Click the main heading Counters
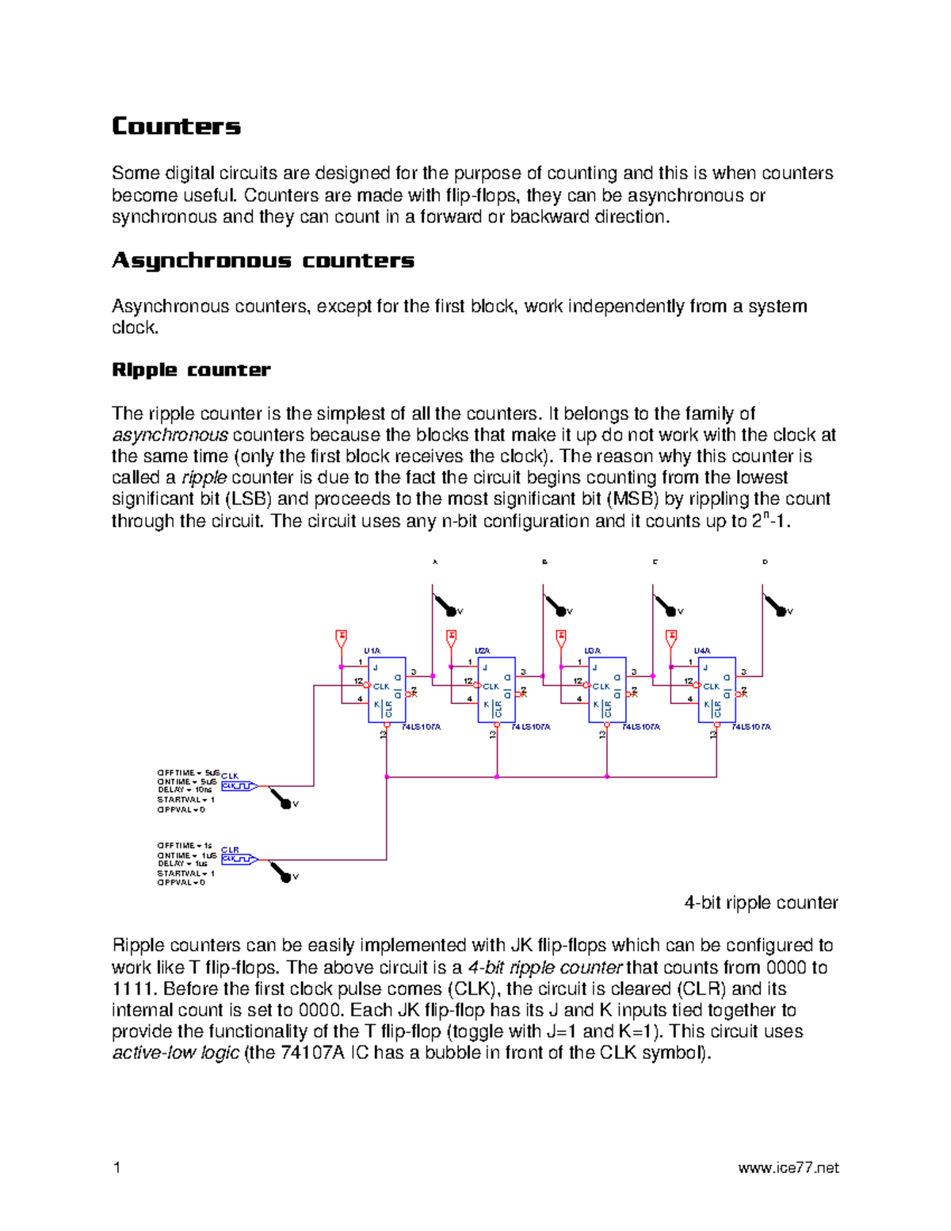[176, 126]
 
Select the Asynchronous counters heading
[262, 261]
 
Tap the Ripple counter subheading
[191, 370]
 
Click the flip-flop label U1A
[372, 651]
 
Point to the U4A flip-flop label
[702, 651]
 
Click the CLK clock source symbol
[239, 786]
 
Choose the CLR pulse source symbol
[239, 858]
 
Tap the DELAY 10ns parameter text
[185, 789]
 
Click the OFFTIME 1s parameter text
[185, 846]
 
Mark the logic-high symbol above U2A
[452, 637]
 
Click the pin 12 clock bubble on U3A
[588, 686]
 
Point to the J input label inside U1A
[376, 668]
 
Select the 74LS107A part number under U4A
[751, 727]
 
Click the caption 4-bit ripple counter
[761, 903]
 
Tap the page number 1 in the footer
[117, 1168]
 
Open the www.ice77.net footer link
[788, 1168]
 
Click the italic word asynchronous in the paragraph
[170, 435]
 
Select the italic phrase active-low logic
[175, 1053]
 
